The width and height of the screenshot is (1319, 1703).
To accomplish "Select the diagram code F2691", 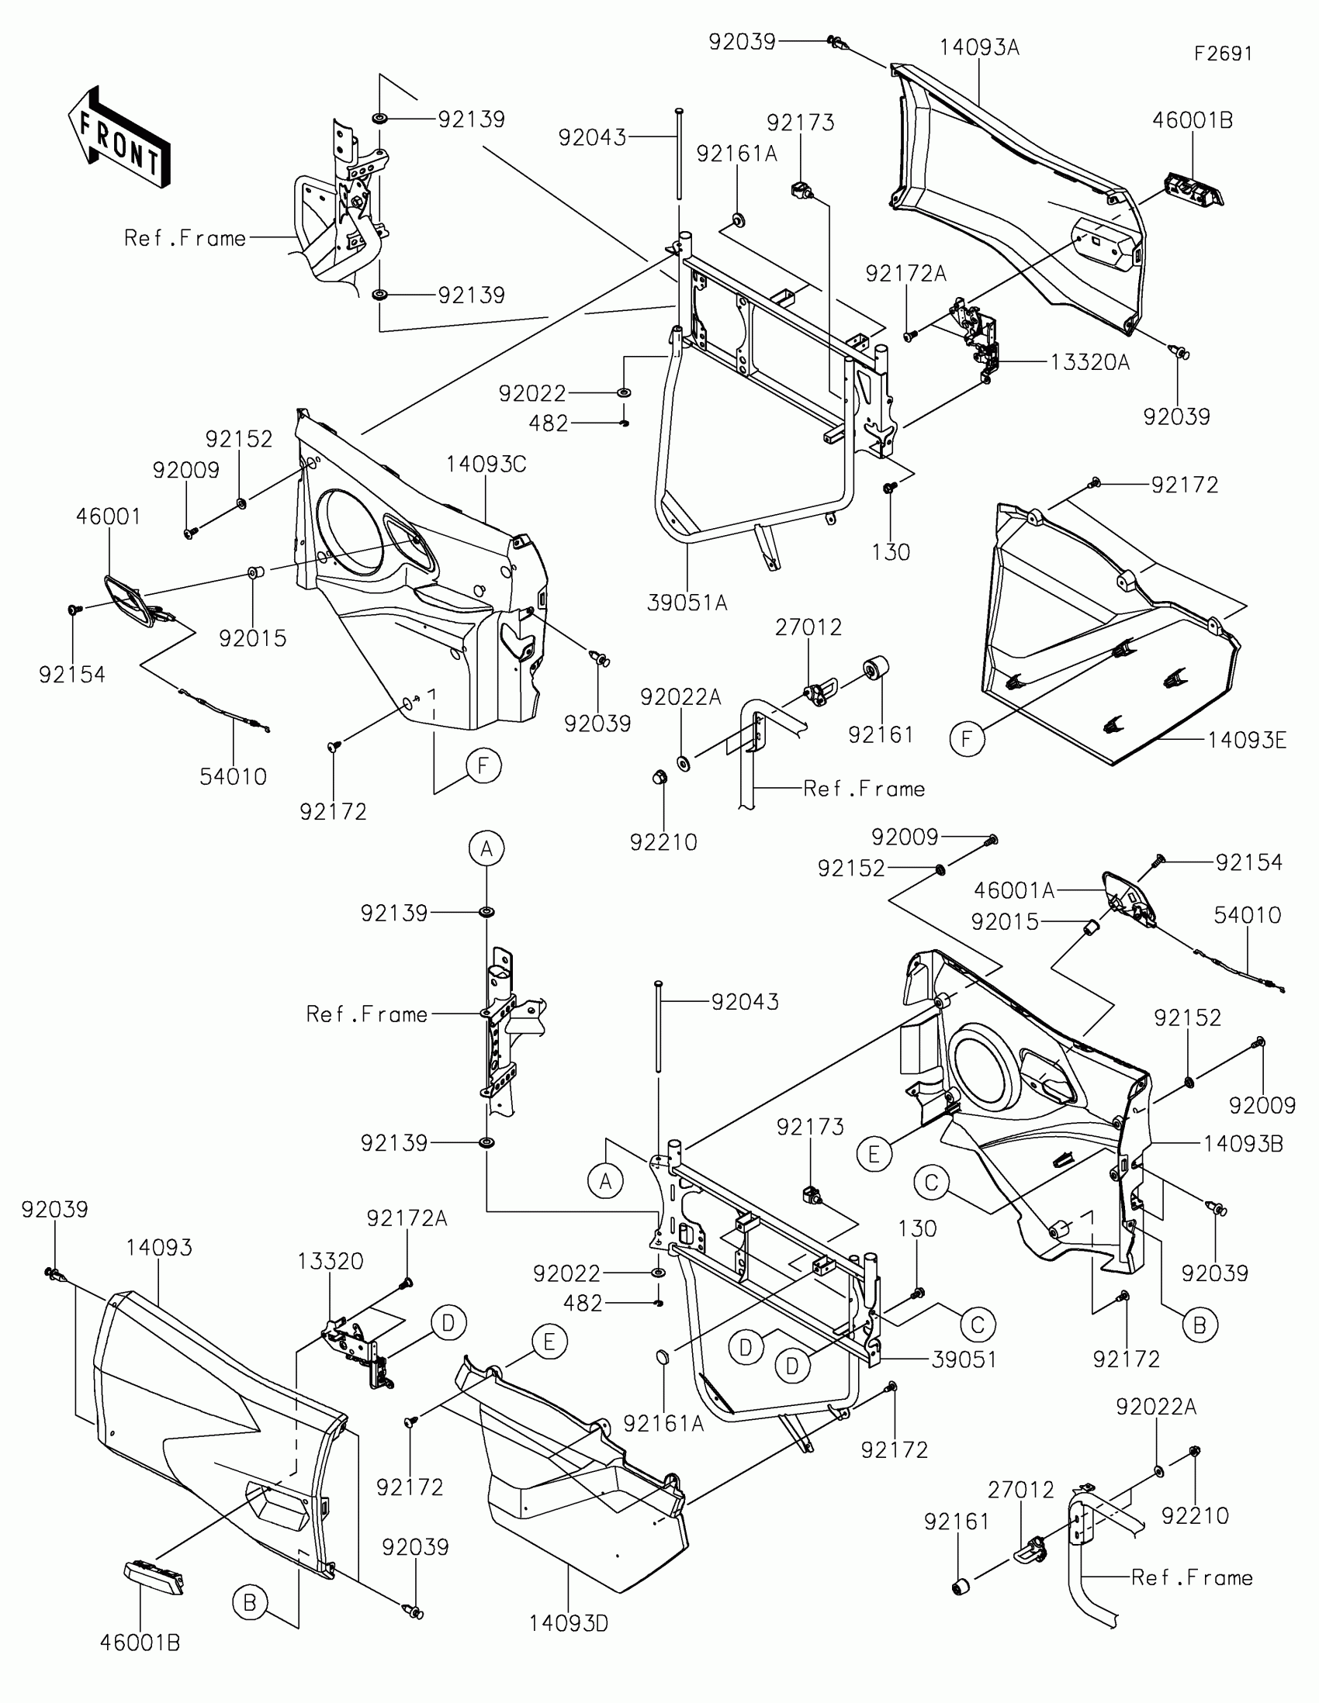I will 1223,53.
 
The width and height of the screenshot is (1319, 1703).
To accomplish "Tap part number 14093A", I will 979,47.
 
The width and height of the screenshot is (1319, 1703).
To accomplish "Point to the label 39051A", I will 687,603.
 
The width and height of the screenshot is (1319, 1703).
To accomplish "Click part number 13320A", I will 1089,363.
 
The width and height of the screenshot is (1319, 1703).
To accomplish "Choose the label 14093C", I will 486,465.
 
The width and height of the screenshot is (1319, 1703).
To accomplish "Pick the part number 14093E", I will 1247,740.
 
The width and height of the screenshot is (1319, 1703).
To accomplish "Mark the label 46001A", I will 1014,889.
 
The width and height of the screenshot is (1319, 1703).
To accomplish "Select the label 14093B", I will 1243,1144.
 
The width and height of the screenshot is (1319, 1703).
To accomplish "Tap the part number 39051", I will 964,1360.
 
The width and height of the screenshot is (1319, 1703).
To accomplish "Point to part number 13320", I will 331,1261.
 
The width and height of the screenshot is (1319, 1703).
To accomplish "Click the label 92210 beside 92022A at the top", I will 664,842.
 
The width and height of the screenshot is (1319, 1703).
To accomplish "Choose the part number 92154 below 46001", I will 71,675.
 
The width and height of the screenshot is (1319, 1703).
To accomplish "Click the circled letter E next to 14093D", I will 549,1342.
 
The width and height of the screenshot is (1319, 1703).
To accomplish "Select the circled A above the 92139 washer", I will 486,848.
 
